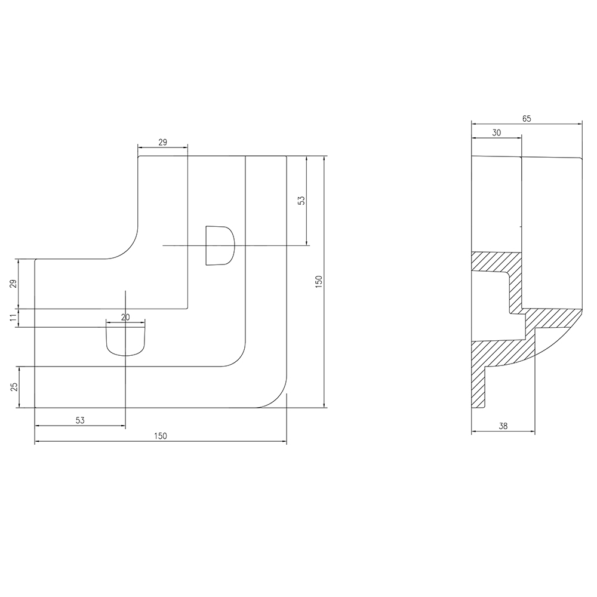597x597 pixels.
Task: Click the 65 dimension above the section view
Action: [526, 119]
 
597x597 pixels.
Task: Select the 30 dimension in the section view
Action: [497, 133]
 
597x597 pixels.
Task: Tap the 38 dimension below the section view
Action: [503, 426]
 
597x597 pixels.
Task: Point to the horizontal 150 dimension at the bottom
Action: [160, 436]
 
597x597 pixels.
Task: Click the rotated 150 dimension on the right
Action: [319, 281]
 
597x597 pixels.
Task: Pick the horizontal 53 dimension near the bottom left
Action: [80, 420]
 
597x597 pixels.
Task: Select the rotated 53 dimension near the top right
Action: [301, 201]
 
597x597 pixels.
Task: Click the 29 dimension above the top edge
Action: [162, 143]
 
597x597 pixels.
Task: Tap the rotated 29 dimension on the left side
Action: [14, 284]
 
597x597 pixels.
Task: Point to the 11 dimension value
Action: [14, 318]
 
